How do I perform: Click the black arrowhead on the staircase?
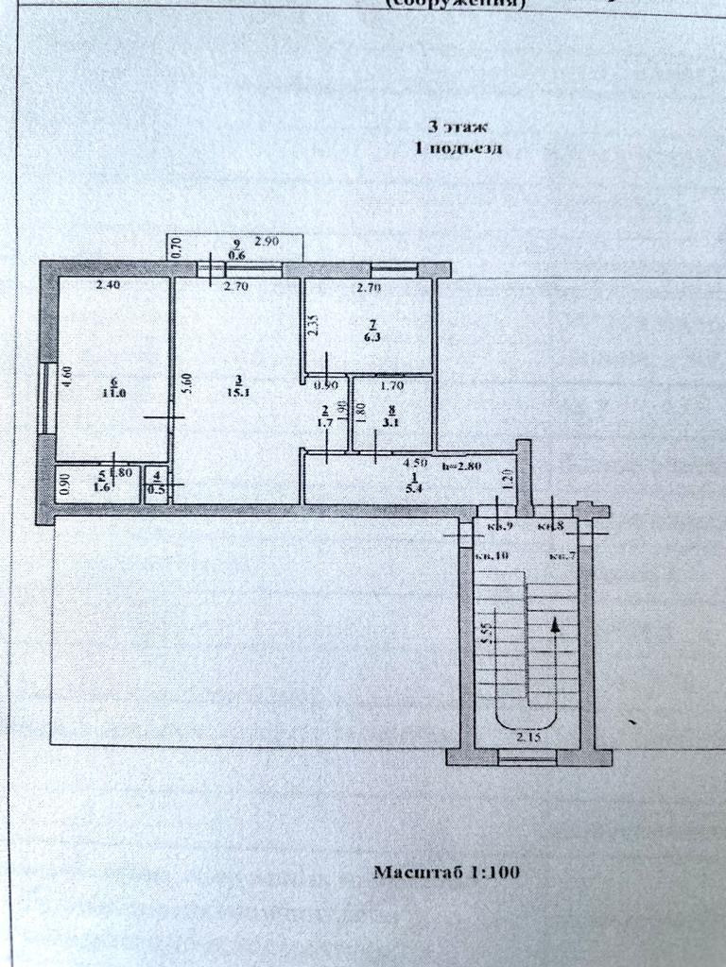click(x=554, y=623)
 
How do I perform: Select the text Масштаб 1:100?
click(x=446, y=873)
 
